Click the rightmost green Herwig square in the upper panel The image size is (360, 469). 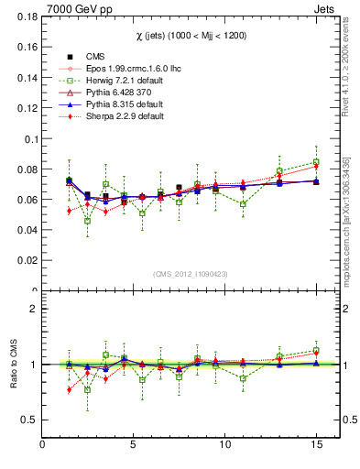pyautogui.click(x=316, y=162)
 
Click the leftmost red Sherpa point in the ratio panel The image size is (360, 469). pyautogui.click(x=70, y=389)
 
